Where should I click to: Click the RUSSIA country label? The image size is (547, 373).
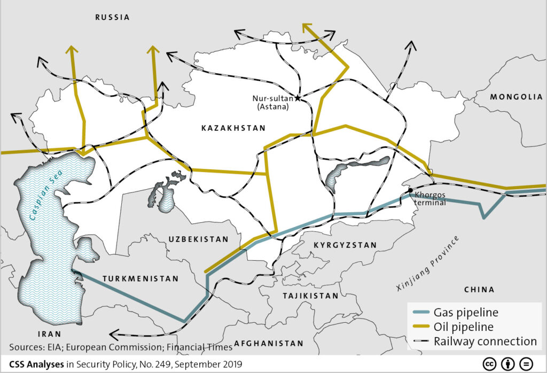pos(112,17)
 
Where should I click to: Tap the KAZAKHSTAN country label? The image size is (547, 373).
pos(233,128)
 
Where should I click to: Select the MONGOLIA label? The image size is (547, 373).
pos(517,97)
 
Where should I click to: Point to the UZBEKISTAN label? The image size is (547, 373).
pos(198,239)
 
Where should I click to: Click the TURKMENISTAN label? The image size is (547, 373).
pos(140,279)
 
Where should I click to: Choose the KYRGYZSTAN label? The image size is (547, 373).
pos(345,245)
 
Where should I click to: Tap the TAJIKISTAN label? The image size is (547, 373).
pos(310,296)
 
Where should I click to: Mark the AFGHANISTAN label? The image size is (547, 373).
pos(269,344)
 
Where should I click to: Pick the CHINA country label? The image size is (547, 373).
pos(479,290)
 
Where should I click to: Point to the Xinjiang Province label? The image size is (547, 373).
pos(428,264)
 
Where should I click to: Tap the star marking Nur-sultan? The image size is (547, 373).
pos(298,98)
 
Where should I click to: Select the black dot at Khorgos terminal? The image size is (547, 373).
pos(410,191)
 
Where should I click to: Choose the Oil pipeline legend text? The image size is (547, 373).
pos(463,327)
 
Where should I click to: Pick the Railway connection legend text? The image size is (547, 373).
pos(485,341)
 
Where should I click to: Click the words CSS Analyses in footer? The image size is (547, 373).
pos(36,363)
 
